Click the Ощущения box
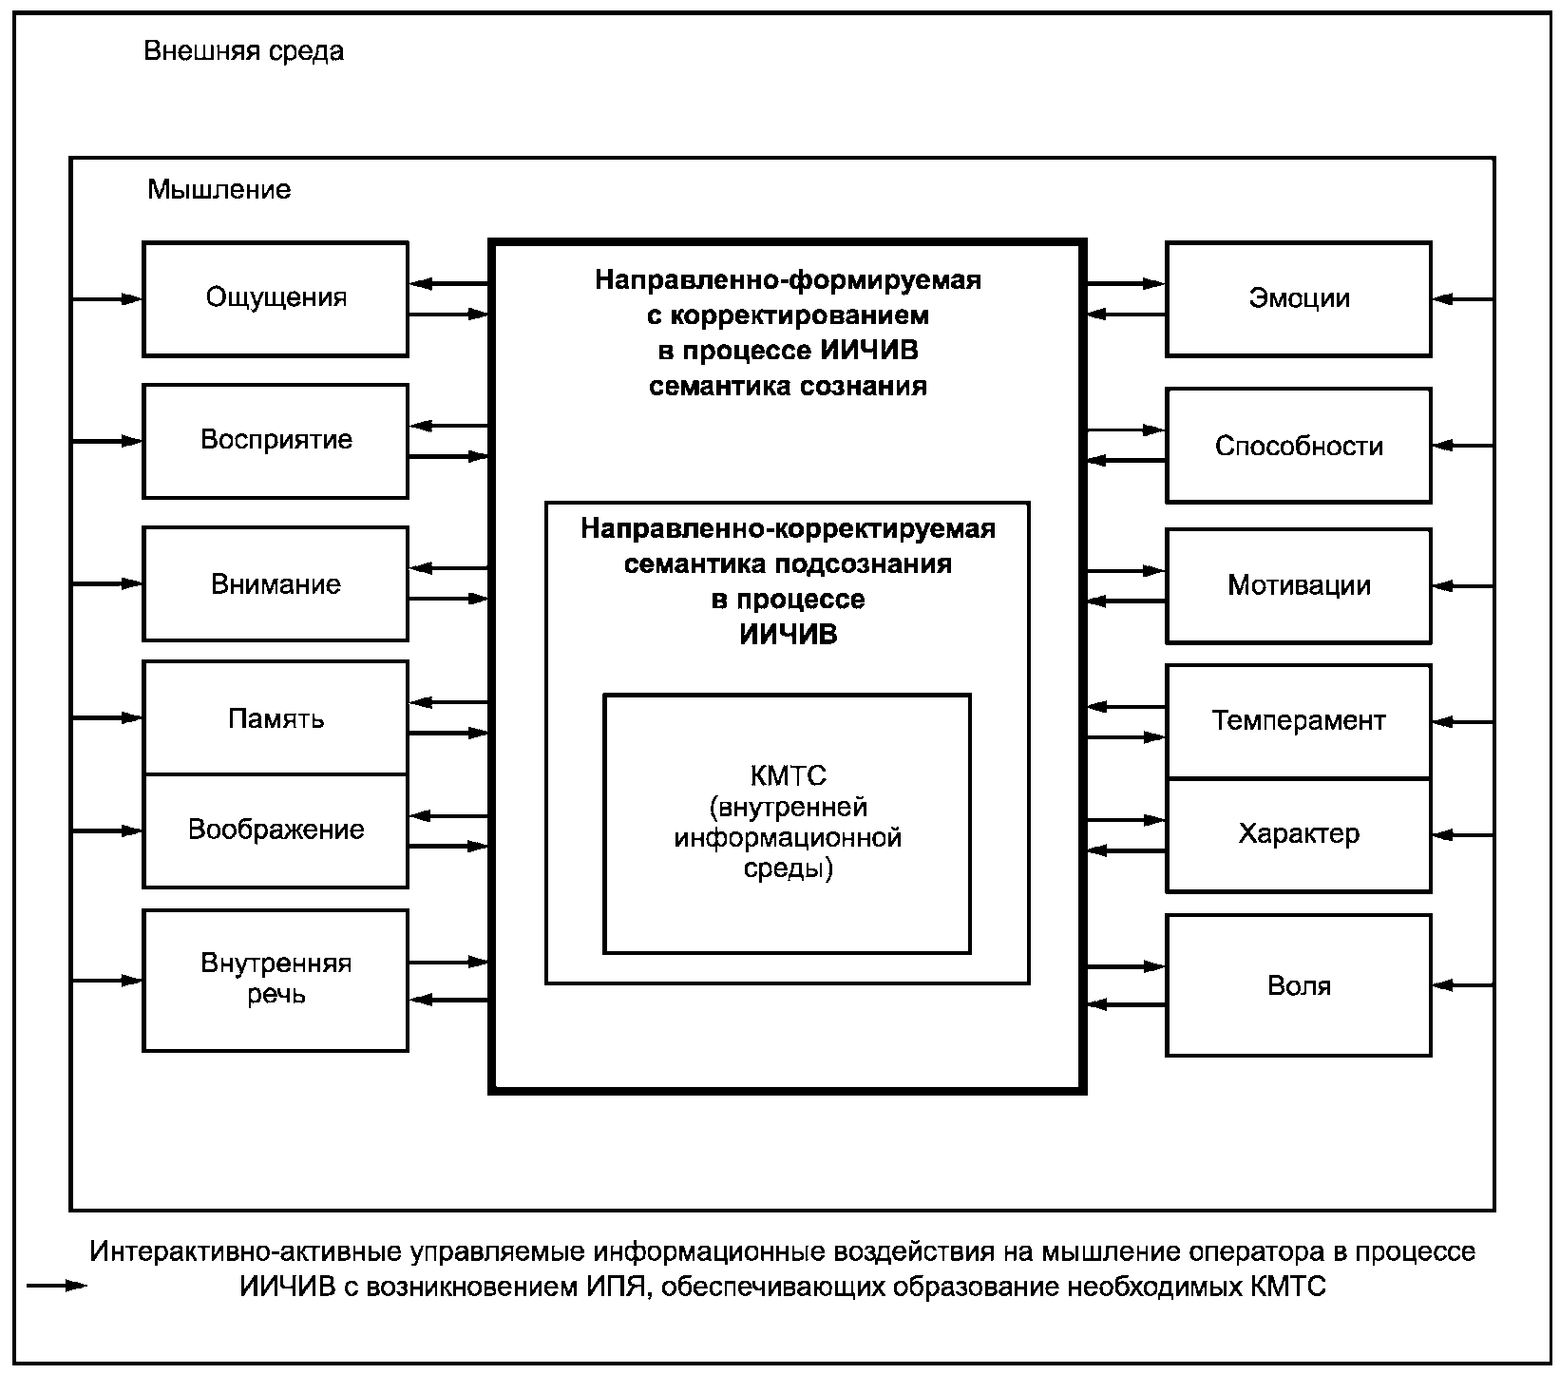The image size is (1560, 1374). coord(276,299)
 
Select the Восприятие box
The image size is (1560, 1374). coord(276,441)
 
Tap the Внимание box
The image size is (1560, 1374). coord(276,583)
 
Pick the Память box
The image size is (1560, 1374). coord(276,718)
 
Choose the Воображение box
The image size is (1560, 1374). coord(276,830)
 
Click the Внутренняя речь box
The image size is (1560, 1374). coord(276,981)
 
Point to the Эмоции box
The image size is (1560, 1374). coord(1299,299)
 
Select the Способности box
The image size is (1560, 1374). coord(1299,445)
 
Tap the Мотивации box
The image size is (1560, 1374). coord(1299,585)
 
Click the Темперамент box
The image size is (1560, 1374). coord(1299,721)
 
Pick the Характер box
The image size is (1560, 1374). coord(1299,835)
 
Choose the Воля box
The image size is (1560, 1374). coord(1299,985)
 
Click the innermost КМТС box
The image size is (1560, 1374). coord(788,823)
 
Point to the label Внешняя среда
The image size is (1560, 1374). coord(244,51)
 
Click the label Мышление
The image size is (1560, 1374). coord(219,189)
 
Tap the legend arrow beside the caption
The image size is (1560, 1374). coord(58,1287)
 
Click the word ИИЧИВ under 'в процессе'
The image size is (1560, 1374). coord(789,635)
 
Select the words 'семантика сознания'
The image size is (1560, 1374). coord(788,387)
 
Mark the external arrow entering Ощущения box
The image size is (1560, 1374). coord(107,299)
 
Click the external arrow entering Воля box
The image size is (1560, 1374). coord(1463,985)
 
